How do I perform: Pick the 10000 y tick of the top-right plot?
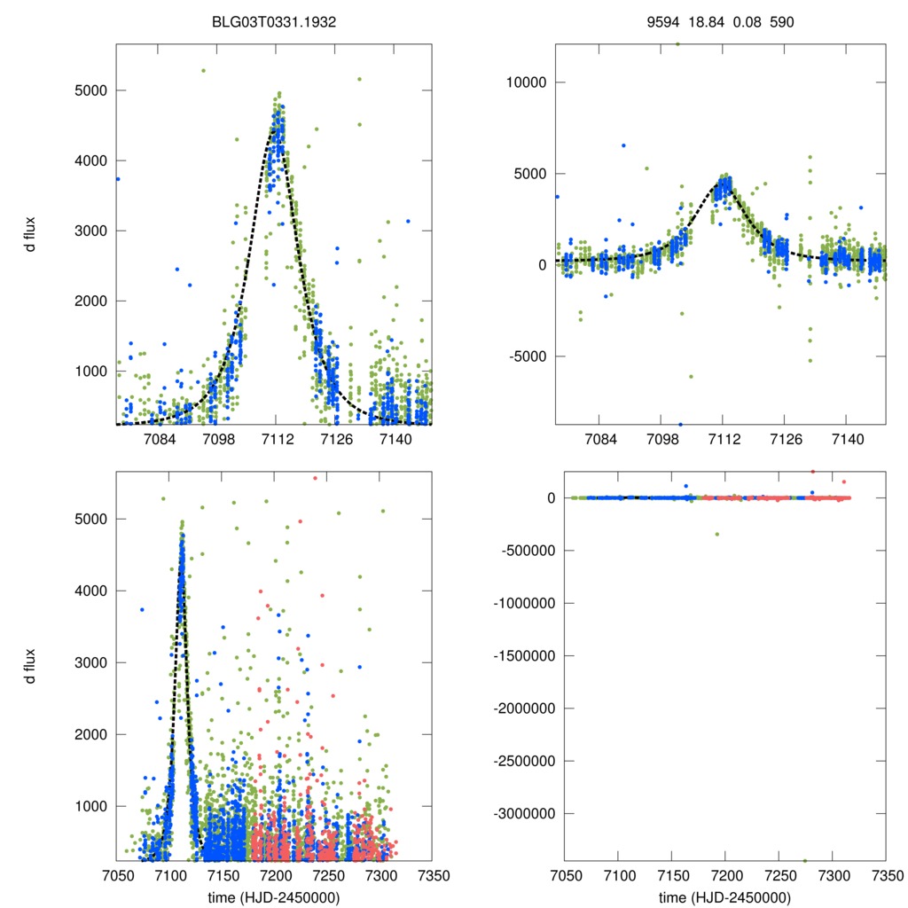[x=526, y=82]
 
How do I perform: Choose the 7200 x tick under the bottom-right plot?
[x=725, y=874]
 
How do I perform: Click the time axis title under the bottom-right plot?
[x=724, y=896]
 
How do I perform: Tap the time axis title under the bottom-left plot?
[x=274, y=896]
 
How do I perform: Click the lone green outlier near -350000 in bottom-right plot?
[x=717, y=534]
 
